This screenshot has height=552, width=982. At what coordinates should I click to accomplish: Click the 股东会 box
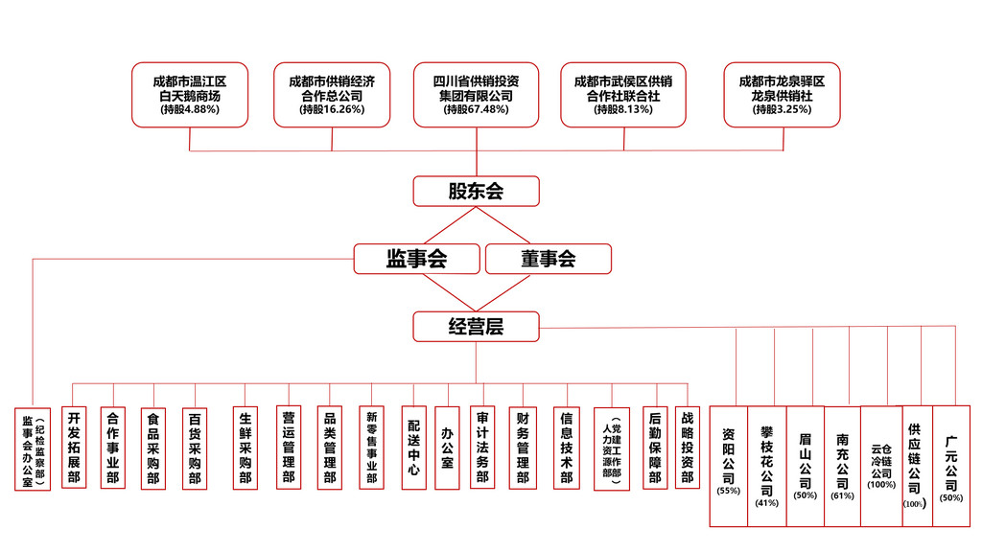(x=476, y=191)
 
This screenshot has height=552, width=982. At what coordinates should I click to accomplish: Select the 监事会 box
(x=416, y=259)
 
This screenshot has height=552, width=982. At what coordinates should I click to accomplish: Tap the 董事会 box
(x=548, y=259)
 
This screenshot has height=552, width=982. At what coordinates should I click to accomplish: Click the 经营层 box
(x=476, y=327)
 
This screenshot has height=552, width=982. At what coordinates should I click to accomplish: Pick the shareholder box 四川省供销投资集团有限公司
(x=476, y=95)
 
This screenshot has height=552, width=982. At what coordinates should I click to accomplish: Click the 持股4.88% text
(x=190, y=110)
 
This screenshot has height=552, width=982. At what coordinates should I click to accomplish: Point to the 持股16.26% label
(x=332, y=110)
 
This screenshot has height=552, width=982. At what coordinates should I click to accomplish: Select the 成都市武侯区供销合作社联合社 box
(x=623, y=95)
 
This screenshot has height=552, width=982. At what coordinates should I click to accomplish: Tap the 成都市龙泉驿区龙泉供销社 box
(x=782, y=95)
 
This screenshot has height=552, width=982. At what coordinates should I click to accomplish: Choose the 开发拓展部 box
(x=73, y=448)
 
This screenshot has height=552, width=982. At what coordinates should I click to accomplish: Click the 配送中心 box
(x=413, y=448)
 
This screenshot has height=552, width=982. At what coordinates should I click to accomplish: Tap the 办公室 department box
(x=447, y=448)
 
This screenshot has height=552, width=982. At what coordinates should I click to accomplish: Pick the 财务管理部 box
(x=523, y=448)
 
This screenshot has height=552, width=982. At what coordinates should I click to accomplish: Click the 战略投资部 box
(x=687, y=448)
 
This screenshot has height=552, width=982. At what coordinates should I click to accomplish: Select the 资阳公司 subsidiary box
(x=729, y=465)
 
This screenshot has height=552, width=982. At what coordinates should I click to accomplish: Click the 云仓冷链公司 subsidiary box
(x=881, y=465)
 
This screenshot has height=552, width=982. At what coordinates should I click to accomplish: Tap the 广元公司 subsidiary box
(x=951, y=465)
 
